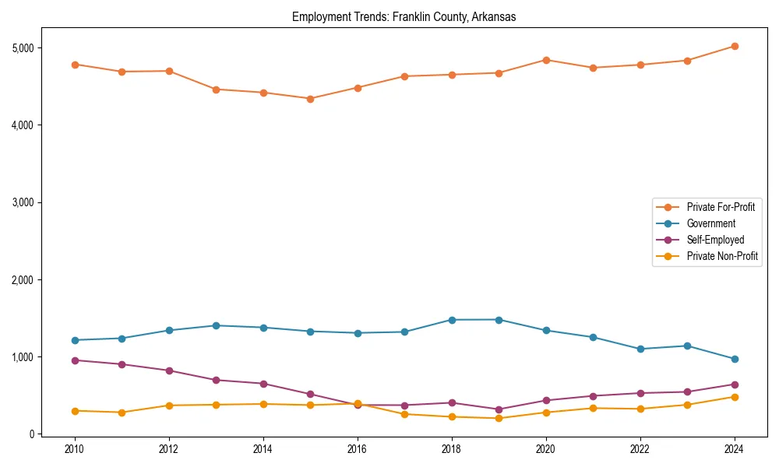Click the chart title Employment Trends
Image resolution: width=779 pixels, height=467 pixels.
click(404, 16)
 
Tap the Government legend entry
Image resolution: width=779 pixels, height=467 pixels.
click(710, 223)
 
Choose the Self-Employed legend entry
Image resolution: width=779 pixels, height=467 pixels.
click(715, 240)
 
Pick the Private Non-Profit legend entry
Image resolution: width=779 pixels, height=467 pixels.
click(722, 256)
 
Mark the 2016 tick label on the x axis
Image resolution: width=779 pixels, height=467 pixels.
click(358, 449)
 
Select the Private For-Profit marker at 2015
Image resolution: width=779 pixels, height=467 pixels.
click(310, 99)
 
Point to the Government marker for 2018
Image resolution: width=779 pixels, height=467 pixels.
click(452, 320)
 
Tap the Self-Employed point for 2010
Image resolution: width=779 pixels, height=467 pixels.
click(75, 360)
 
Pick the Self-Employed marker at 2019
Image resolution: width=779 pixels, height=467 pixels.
click(499, 409)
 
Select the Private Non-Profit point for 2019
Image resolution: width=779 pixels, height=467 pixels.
click(499, 419)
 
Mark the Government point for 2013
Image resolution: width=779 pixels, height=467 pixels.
click(216, 325)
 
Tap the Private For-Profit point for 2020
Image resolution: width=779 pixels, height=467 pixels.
click(546, 60)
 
